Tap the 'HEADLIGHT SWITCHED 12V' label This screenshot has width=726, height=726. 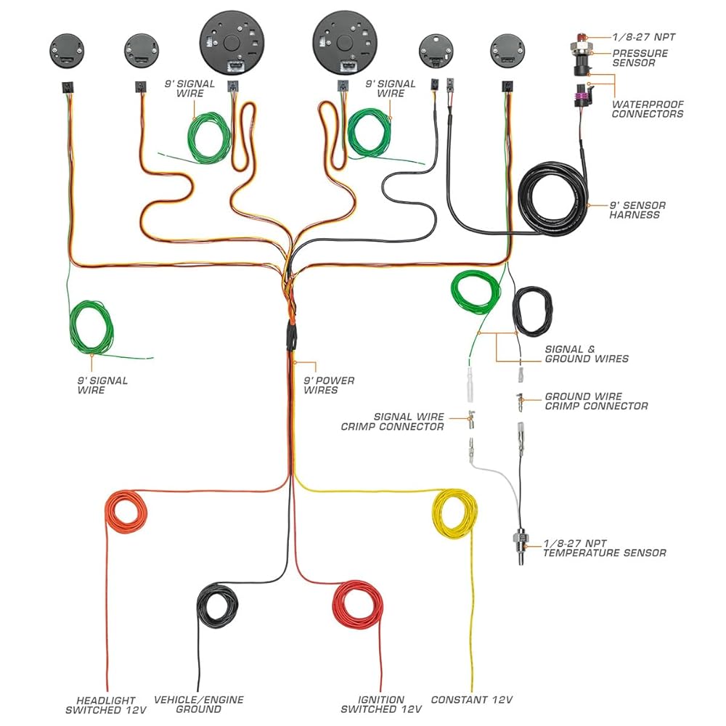pos(106,705)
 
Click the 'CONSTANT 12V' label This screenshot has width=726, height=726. pos(471,700)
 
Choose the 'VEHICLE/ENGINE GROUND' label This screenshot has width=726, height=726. pos(199,704)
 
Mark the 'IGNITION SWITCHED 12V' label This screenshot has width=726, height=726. pos(381,704)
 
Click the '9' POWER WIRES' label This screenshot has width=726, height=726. pos(329,386)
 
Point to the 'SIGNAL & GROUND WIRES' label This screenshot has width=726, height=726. pos(587,354)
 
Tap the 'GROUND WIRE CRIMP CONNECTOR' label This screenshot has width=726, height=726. pos(596,401)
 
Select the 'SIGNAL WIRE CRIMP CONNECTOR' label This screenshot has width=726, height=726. pos(392,421)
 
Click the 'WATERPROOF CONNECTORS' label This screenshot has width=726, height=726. pos(648,109)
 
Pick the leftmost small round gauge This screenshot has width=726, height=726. pos(67,51)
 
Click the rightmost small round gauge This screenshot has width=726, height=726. pos(507,51)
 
